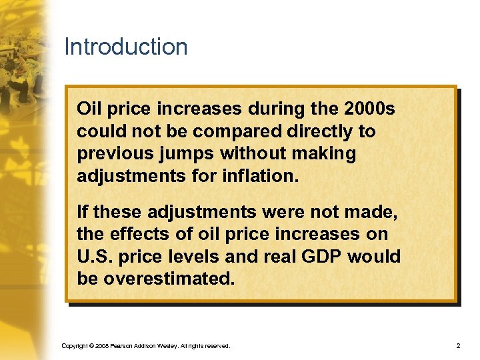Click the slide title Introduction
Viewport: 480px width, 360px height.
click(126, 47)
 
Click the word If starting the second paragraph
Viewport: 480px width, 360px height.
click(83, 212)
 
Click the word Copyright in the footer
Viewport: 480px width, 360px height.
click(74, 346)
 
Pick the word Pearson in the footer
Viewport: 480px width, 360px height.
click(125, 346)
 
